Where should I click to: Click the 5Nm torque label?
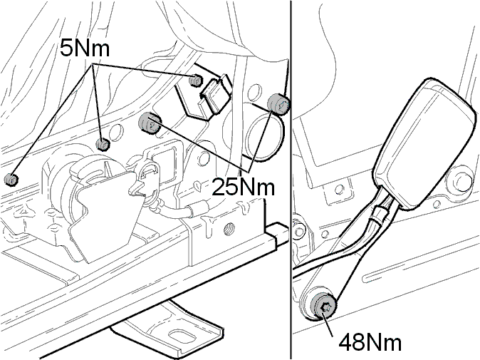pyautogui.click(x=85, y=48)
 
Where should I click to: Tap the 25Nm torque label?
pyautogui.click(x=244, y=186)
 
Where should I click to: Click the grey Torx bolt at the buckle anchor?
pyautogui.click(x=323, y=305)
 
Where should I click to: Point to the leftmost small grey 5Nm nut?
pyautogui.click(x=11, y=179)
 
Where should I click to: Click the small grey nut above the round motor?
pyautogui.click(x=103, y=144)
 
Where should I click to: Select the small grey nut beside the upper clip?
pyautogui.click(x=196, y=81)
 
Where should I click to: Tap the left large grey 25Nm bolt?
pyautogui.click(x=150, y=123)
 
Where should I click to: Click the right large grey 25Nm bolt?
pyautogui.click(x=278, y=103)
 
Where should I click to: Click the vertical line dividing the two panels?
pyautogui.click(x=291, y=180)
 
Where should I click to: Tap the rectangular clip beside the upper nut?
pyautogui.click(x=215, y=94)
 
